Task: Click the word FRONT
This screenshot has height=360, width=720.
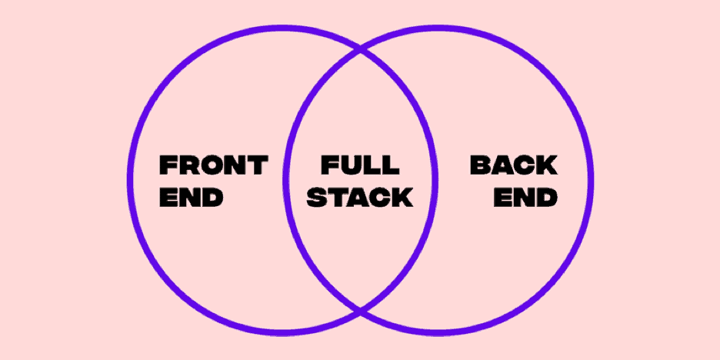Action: (x=214, y=165)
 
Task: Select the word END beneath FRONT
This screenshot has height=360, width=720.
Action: (x=191, y=198)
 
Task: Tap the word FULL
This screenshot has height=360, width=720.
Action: (x=360, y=165)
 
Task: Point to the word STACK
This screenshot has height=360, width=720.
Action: (x=360, y=198)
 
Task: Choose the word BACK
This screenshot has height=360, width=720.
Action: (x=514, y=165)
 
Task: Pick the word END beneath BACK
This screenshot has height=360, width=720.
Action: (x=525, y=198)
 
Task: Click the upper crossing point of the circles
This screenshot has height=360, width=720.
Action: (x=360, y=50)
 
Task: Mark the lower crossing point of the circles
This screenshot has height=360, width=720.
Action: (x=360, y=311)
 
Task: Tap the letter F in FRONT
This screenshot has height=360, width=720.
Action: (x=168, y=165)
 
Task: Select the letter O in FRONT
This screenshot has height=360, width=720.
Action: (x=212, y=165)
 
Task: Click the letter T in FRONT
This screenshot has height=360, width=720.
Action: (x=258, y=165)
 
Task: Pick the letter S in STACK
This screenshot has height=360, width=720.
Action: (x=317, y=198)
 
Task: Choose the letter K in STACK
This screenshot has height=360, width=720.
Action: (x=403, y=198)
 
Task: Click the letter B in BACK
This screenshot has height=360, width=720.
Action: (x=480, y=165)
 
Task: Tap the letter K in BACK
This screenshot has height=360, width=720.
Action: (x=548, y=165)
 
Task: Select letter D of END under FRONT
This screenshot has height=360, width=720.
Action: (x=212, y=198)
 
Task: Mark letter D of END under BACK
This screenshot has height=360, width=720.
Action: (x=548, y=198)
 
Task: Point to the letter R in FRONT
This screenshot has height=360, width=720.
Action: (x=188, y=165)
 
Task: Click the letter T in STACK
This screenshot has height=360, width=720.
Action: (x=338, y=198)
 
